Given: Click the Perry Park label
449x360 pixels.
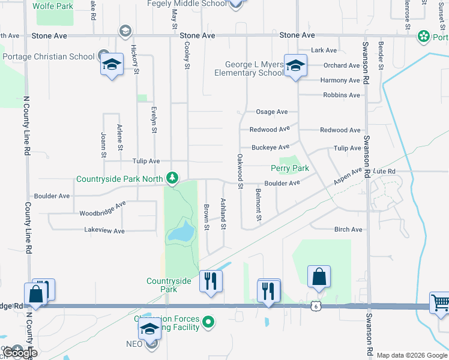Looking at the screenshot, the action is [x=290, y=169].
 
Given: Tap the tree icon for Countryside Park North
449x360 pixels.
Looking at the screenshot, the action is [x=172, y=178].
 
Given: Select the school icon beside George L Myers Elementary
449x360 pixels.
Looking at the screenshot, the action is [x=295, y=65].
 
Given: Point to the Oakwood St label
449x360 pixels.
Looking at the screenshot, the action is [x=240, y=171].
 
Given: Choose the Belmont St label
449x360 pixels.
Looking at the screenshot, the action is [x=258, y=205].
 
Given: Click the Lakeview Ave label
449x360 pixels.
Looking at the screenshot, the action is [x=104, y=231].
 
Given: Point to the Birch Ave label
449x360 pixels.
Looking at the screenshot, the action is [x=348, y=229].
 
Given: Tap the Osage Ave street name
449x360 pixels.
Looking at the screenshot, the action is [x=272, y=112].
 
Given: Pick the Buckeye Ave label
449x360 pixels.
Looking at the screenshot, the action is [x=270, y=147].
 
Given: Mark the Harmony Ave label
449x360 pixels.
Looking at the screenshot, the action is [x=340, y=80].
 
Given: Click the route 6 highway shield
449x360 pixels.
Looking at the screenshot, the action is [x=315, y=306].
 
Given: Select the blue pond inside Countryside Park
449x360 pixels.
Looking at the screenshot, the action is [x=181, y=232].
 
